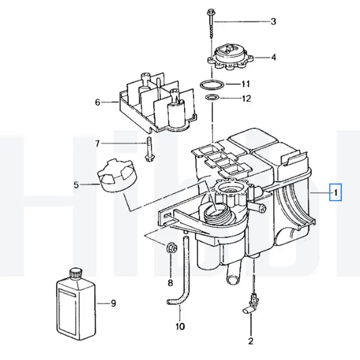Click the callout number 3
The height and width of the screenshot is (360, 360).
click(x=273, y=21)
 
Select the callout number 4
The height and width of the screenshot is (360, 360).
click(x=273, y=57)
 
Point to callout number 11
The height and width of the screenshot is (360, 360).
click(x=245, y=84)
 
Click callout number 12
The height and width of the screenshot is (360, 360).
click(x=246, y=98)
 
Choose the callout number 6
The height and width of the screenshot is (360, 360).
click(x=98, y=102)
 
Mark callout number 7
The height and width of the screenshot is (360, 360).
click(x=98, y=144)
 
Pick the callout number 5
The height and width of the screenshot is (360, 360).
click(x=76, y=184)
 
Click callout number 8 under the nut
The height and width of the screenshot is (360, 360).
click(x=170, y=283)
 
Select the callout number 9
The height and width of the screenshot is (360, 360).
click(x=113, y=303)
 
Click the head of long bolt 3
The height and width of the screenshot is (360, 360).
click(x=211, y=12)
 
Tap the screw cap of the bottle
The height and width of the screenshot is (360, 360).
click(x=75, y=273)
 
